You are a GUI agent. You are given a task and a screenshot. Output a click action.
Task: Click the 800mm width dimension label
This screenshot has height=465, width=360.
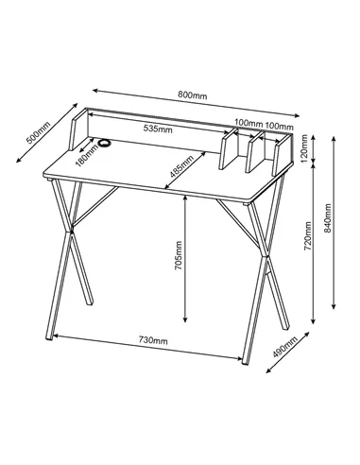pos(193,95)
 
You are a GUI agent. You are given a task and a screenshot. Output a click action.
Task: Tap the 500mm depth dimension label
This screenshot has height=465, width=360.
pos(38,133)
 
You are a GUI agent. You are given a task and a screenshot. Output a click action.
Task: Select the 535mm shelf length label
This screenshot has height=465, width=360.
pos(158,129)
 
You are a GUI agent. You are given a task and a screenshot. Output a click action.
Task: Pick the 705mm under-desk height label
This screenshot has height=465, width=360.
pos(179,255)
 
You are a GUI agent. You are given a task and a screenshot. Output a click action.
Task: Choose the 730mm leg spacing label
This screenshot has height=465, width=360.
pos(153,340)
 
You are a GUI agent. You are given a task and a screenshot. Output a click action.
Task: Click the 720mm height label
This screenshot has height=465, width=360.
pos(308,236)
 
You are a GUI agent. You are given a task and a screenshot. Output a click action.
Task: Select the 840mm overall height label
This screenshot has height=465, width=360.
pos(328,218)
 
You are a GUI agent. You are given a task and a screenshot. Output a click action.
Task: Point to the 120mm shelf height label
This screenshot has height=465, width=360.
pos(304,148)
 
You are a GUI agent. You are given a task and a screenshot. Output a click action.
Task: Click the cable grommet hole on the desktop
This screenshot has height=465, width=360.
pos(104,143)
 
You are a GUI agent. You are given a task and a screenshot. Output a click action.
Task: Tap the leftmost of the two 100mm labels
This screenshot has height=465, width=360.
pos(249,123)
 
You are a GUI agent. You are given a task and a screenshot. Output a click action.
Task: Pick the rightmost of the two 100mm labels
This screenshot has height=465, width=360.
pos(279,127)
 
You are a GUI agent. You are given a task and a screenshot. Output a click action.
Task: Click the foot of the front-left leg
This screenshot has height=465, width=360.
pos(49,337)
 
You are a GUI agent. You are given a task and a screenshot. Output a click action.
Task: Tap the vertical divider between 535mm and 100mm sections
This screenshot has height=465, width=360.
pos(229,149)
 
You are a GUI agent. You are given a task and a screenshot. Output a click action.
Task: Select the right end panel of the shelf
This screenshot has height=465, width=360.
pos(283,155)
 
